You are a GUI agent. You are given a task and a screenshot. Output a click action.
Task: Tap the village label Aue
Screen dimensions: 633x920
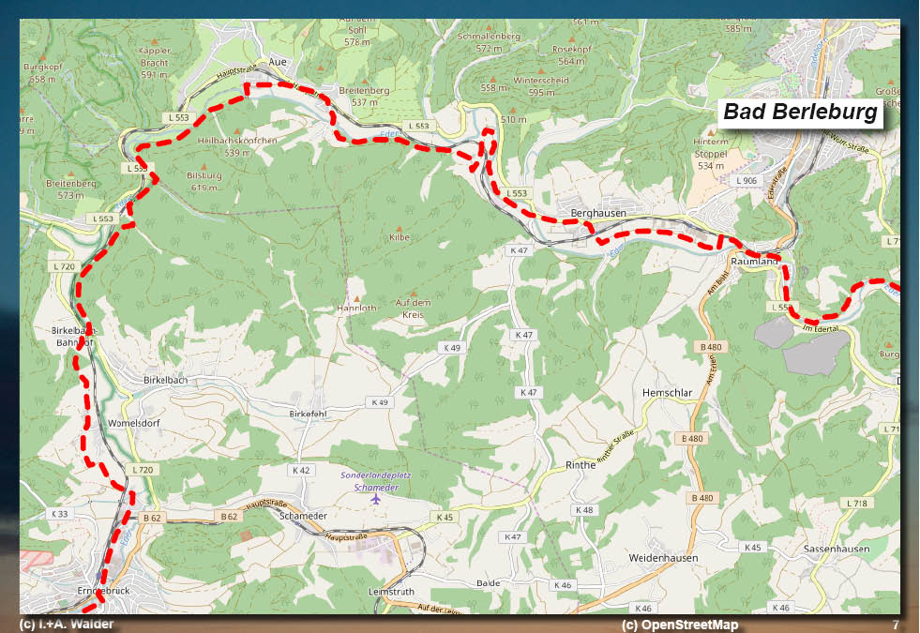(x=277, y=61)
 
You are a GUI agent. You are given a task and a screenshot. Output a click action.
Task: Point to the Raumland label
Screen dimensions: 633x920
(x=753, y=263)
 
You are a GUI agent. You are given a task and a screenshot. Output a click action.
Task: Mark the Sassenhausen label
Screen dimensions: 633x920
(x=836, y=549)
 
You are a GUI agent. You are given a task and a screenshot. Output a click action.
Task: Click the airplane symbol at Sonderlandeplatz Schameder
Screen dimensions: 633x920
(x=376, y=500)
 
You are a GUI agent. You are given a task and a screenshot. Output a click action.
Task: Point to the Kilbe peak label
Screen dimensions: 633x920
(x=400, y=238)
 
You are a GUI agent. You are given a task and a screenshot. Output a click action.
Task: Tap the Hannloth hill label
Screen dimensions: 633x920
(x=356, y=308)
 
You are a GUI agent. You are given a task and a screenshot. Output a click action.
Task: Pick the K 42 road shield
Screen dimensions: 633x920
(x=300, y=470)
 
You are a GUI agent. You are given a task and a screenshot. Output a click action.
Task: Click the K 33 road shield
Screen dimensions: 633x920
(x=58, y=514)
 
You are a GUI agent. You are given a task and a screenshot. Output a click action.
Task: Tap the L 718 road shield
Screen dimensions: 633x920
(x=857, y=504)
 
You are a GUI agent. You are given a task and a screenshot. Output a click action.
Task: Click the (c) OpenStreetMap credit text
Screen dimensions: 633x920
(x=679, y=625)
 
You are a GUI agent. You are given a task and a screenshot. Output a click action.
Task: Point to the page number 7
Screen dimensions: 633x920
(x=896, y=625)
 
